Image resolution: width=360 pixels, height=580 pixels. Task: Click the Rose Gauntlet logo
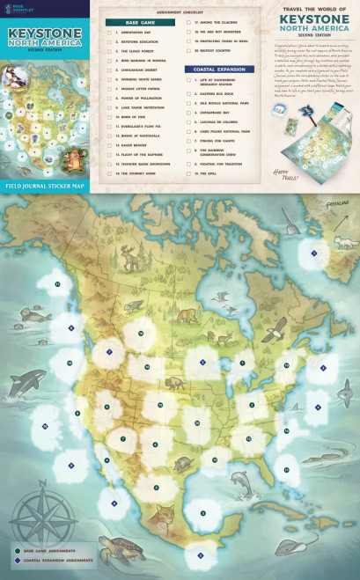pos(16,8)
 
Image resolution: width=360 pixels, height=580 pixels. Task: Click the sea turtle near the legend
pos(119,547)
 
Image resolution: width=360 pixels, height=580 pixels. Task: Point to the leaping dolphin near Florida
pos(240,481)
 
